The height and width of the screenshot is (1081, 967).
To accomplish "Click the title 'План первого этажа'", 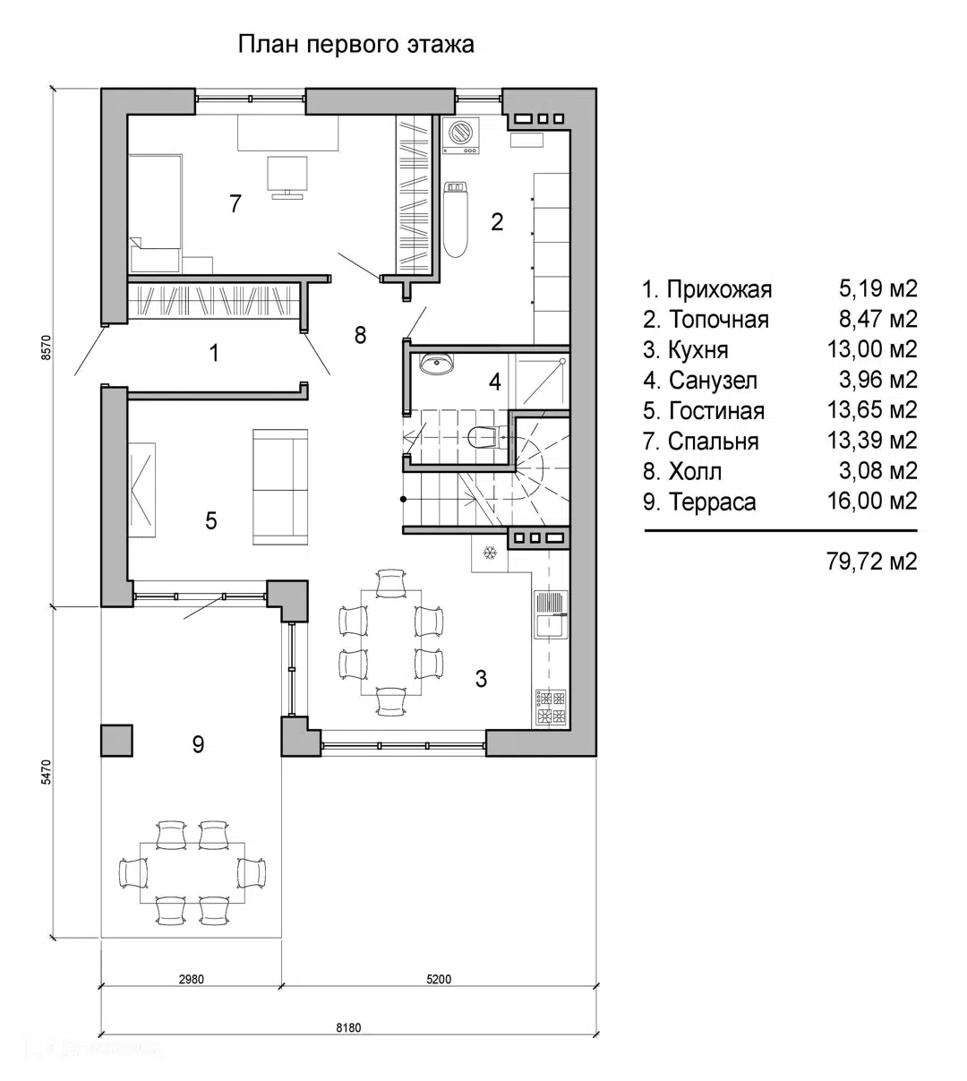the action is coord(355,44).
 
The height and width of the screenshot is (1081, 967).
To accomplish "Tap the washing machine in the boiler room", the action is coord(460,137).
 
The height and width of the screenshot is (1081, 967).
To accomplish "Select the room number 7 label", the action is coord(235,204).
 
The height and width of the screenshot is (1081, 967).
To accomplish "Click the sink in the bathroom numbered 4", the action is coord(436,364).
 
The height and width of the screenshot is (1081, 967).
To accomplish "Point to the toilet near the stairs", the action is coord(484,438).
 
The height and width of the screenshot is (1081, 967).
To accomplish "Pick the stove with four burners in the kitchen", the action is coord(551,708).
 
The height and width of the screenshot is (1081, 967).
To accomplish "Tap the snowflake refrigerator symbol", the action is coord(490,553).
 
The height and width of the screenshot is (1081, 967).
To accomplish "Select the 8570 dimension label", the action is coord(47,347).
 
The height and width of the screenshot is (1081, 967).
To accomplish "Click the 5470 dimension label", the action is coord(47,772).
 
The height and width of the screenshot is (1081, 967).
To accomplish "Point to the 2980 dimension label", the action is coord(191,979).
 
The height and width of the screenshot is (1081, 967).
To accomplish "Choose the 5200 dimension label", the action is coord(439,979).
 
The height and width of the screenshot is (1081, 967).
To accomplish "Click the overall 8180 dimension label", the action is coord(348,1027).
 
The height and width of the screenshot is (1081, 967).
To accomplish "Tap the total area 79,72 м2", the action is coord(871,562).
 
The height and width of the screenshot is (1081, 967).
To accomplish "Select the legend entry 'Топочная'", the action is coord(718,320).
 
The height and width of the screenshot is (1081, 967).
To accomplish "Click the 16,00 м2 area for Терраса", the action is coord(871,501).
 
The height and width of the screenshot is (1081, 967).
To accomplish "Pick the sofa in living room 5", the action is coord(280,486).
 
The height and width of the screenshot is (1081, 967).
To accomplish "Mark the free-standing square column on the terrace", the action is coord(116,740).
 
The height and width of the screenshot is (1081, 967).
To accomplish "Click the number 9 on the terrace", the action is coord(198,744).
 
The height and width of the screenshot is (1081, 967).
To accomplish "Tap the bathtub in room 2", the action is coord(456,219).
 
